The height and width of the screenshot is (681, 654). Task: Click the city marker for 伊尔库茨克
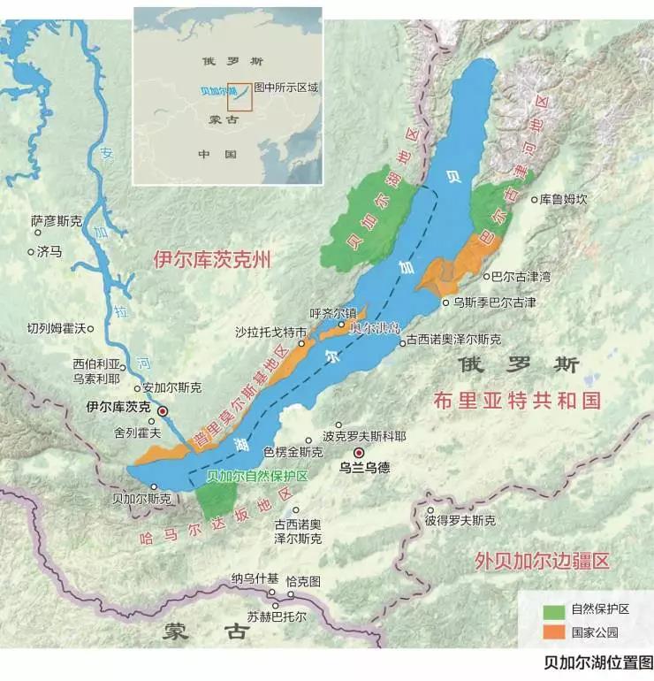pos(163,411)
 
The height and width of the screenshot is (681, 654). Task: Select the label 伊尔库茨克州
pos(210,262)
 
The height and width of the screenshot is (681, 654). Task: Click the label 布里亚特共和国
pos(517,400)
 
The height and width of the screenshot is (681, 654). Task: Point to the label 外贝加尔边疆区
pos(542,561)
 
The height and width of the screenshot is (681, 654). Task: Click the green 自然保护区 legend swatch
pos(553,610)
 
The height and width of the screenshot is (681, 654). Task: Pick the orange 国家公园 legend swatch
pos(553,631)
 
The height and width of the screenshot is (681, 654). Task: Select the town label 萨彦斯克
pos(56,220)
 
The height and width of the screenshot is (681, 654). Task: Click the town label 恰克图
pos(302,581)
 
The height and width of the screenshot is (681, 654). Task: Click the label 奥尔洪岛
pos(375,328)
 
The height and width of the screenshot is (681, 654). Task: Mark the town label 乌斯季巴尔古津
pos(494,302)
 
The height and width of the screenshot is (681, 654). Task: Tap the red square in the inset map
pos(240,97)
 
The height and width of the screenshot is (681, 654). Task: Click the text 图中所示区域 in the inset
pos(285,88)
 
